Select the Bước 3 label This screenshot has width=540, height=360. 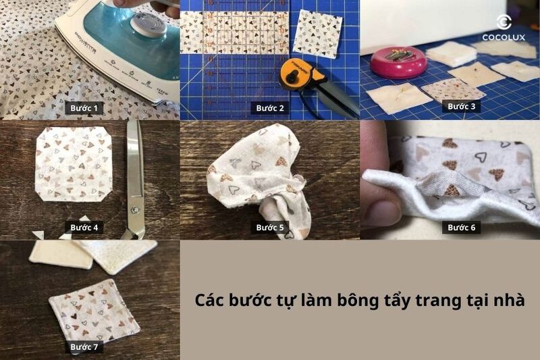click(462, 106)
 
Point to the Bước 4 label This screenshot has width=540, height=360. click(85, 228)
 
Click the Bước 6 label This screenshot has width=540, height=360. click(462, 228)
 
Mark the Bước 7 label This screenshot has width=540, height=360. click(85, 347)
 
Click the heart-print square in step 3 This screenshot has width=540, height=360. click(443, 88)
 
